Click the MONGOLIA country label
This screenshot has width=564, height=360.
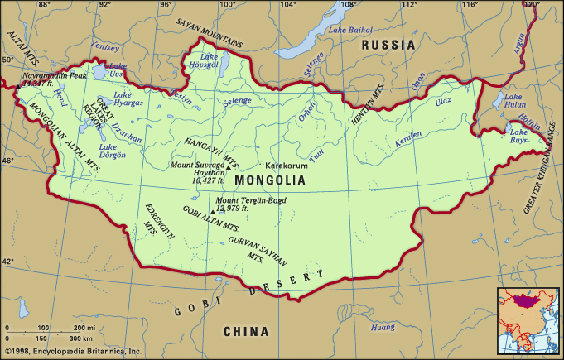tap(270, 180)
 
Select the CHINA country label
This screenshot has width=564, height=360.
tap(246, 332)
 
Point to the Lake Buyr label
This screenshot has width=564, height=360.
tap(519, 136)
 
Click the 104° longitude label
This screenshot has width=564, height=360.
tap(287, 5)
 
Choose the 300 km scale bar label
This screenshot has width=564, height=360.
tap(80, 339)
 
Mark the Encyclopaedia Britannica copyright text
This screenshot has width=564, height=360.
tap(72, 351)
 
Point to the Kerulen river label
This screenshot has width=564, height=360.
tap(397, 137)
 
